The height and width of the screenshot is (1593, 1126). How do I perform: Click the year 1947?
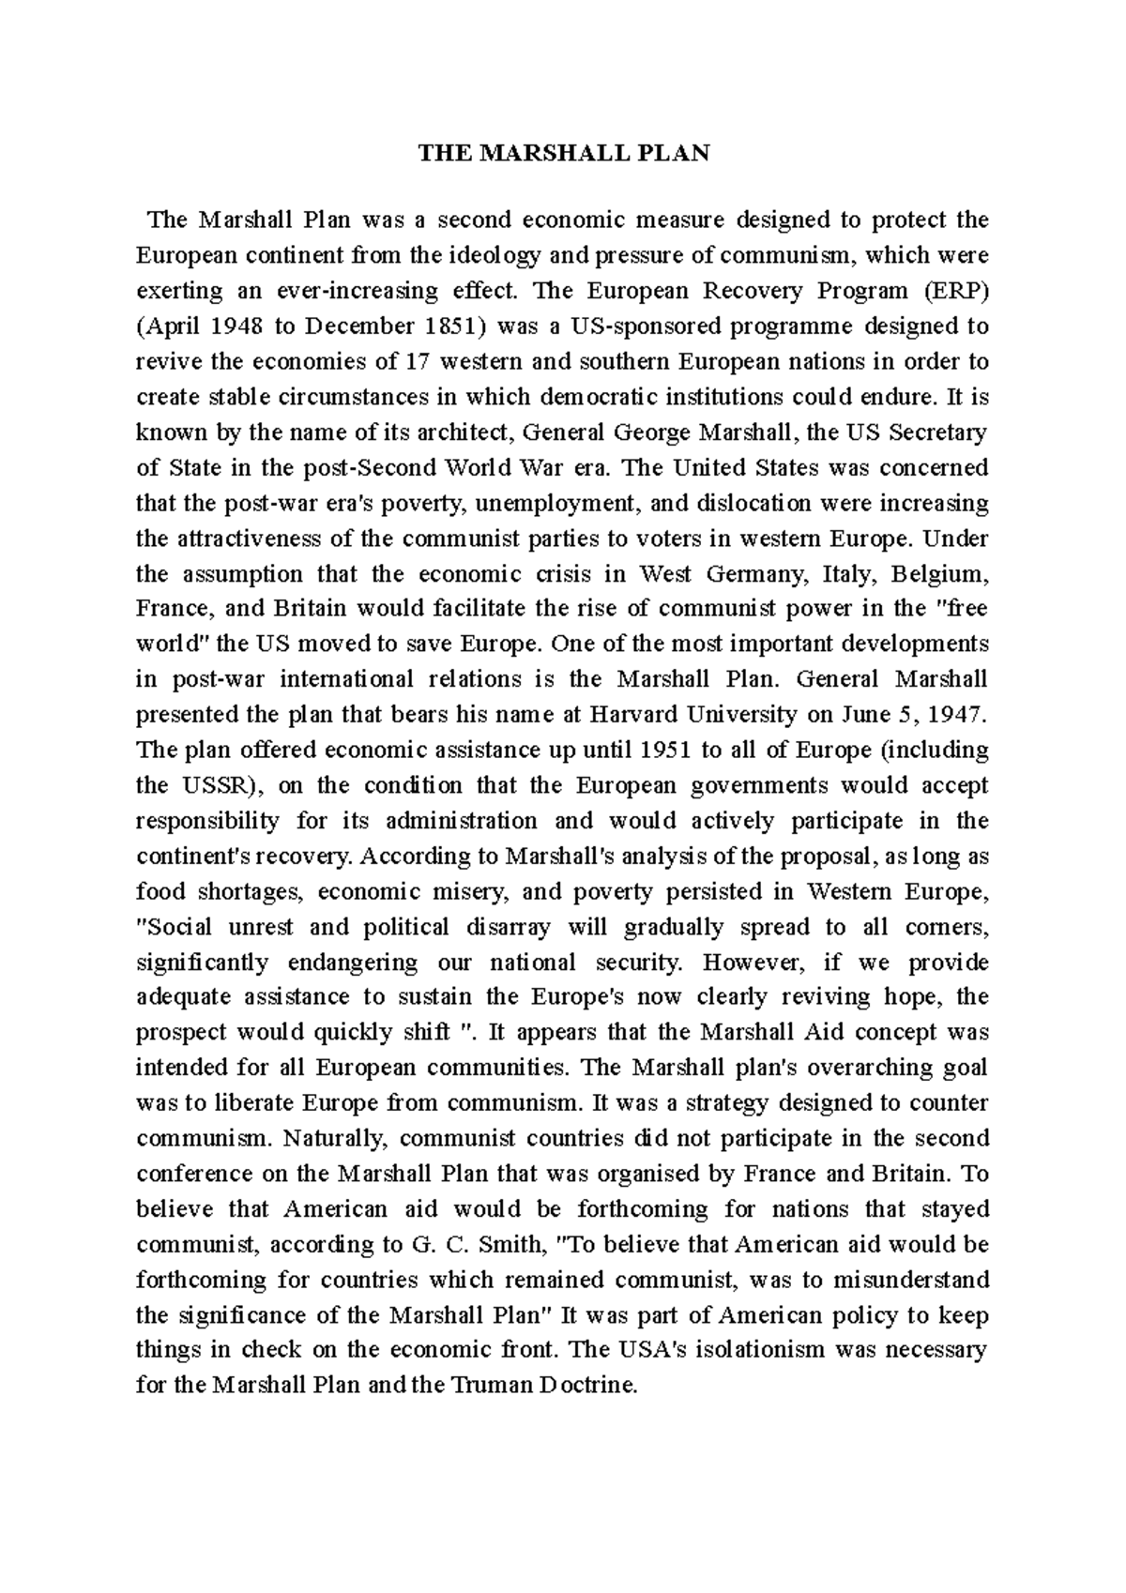(x=956, y=715)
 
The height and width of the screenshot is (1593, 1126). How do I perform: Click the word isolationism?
(x=738, y=1351)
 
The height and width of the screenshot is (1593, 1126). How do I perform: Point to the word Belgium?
(x=939, y=573)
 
